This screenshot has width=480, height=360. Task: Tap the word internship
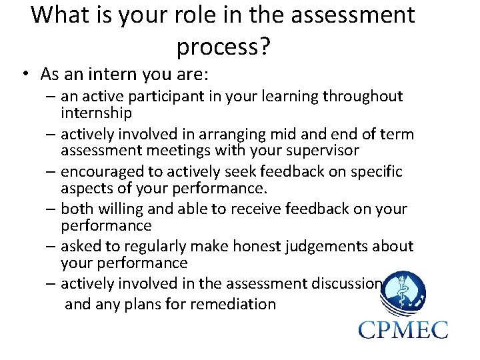pos(96,113)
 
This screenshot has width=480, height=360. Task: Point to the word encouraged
pos(100,172)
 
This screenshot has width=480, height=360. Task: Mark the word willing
pos(126,209)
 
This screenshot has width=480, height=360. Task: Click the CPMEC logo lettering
pos(403,329)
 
